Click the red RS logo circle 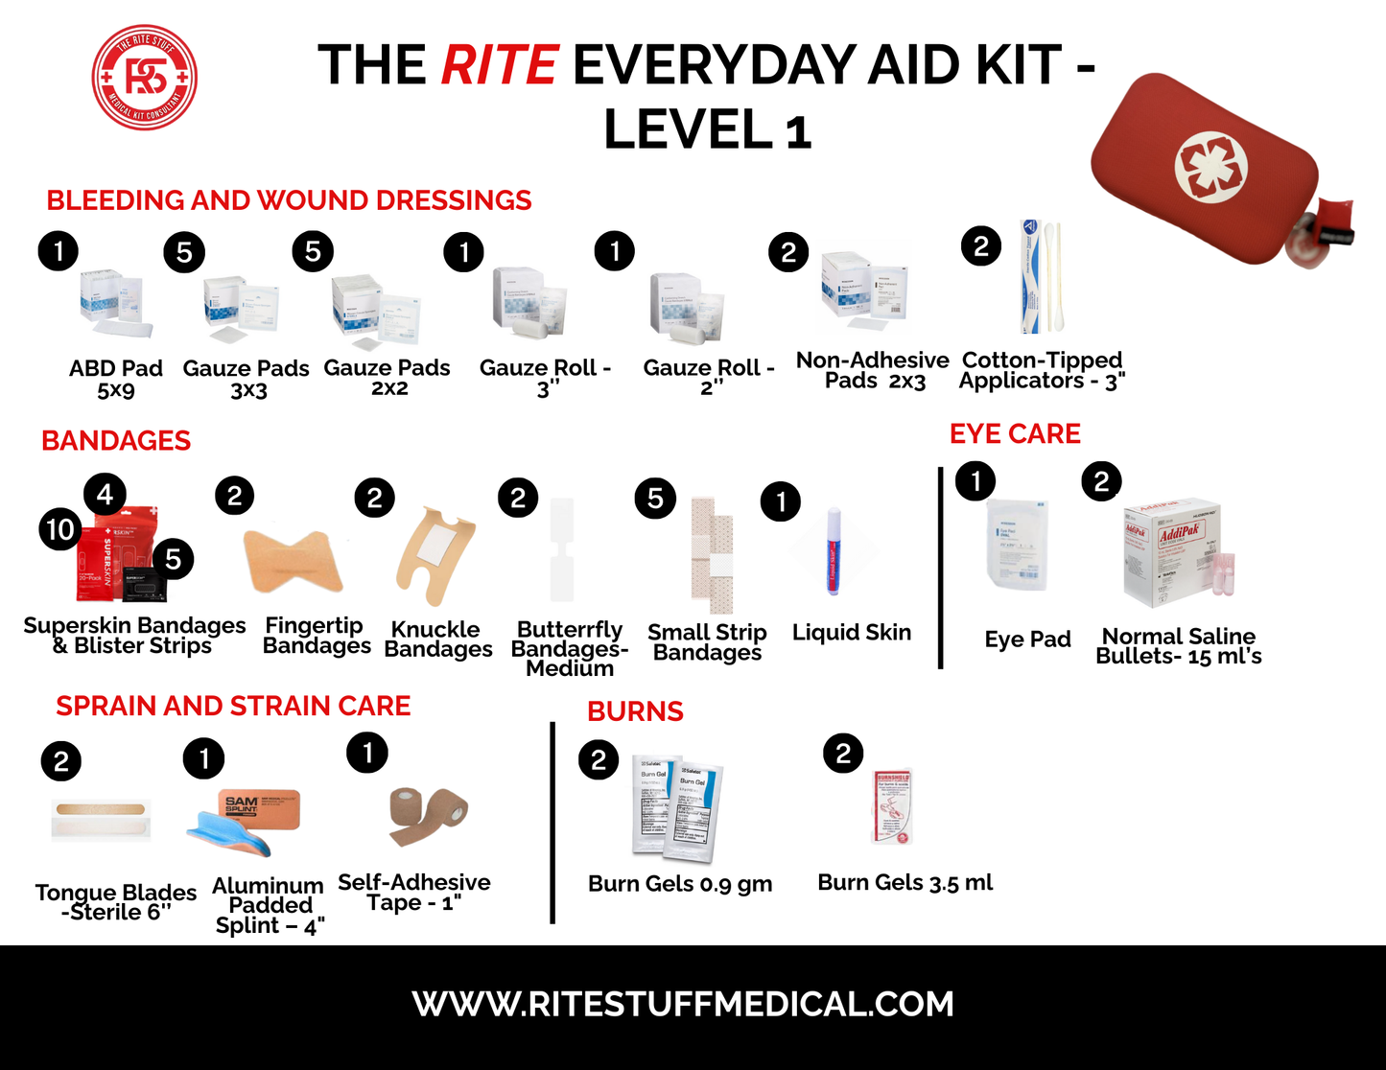click(x=145, y=78)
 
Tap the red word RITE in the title click(x=499, y=65)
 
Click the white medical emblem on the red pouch click(x=1211, y=165)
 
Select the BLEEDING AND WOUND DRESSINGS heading click(x=289, y=200)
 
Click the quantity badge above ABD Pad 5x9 click(x=59, y=251)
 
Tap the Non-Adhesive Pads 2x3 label click(x=873, y=370)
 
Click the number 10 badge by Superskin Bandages click(x=60, y=529)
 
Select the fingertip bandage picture click(x=293, y=561)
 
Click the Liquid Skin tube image click(x=834, y=551)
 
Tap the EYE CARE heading click(x=1015, y=434)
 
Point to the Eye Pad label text click(x=1027, y=640)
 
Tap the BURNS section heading click(x=635, y=711)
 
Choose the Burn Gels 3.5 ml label click(x=904, y=883)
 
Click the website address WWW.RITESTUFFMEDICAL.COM click(x=683, y=1004)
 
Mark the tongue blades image click(x=101, y=817)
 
